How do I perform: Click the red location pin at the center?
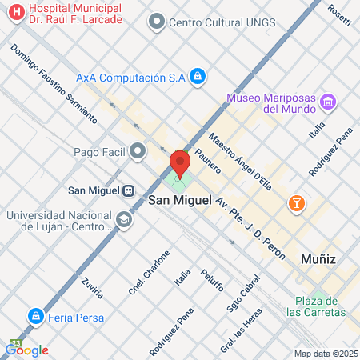pyautogui.click(x=179, y=164)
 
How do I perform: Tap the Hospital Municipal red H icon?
pyautogui.click(x=13, y=14)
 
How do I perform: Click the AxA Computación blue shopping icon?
pyautogui.click(x=198, y=77)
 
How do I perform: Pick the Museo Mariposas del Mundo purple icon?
pyautogui.click(x=327, y=102)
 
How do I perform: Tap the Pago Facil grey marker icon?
pyautogui.click(x=139, y=150)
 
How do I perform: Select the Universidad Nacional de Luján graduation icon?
pyautogui.click(x=124, y=218)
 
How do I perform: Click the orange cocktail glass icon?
pyautogui.click(x=297, y=203)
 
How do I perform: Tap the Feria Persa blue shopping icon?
pyautogui.click(x=35, y=316)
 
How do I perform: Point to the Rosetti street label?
pyautogui.click(x=338, y=14)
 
